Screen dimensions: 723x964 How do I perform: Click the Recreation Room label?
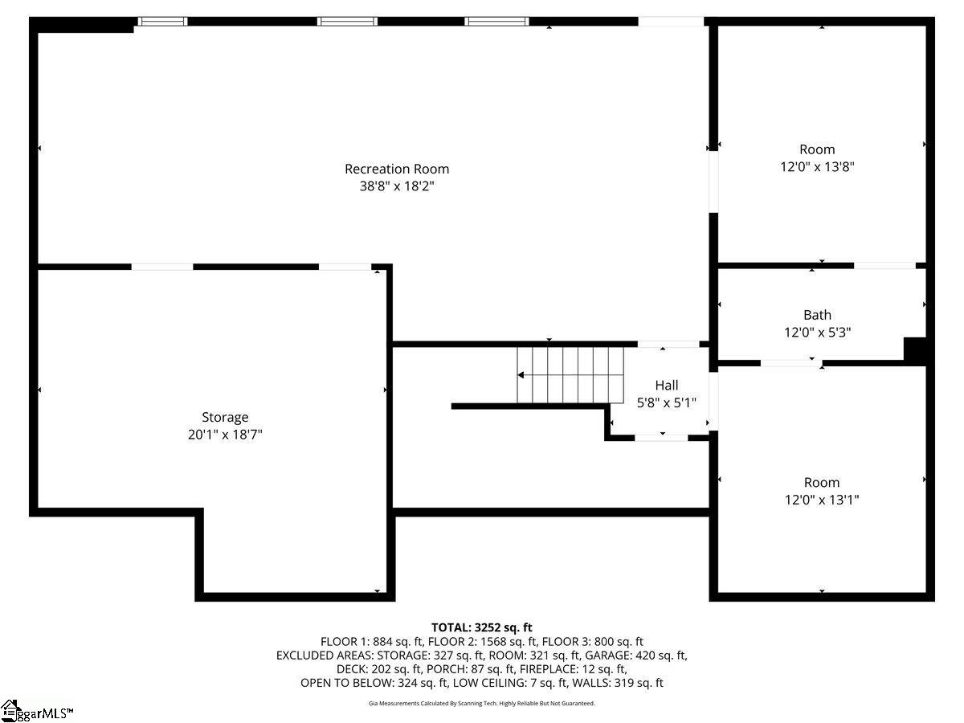[397, 169]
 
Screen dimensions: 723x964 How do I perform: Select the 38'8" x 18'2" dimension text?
[397, 186]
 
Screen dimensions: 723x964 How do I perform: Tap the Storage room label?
[225, 417]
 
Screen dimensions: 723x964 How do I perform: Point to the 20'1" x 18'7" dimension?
[225, 435]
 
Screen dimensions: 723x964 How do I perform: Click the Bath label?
[817, 315]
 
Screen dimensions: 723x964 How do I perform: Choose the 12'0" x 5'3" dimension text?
[817, 332]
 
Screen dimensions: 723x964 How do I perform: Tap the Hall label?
[666, 386]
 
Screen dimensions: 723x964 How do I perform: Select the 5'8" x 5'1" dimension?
[666, 402]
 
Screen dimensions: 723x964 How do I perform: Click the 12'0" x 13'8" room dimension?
[817, 167]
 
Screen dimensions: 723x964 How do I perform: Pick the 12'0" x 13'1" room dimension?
[822, 500]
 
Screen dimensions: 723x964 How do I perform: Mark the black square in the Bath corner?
[915, 349]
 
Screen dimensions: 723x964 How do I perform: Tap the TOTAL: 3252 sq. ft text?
[482, 627]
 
